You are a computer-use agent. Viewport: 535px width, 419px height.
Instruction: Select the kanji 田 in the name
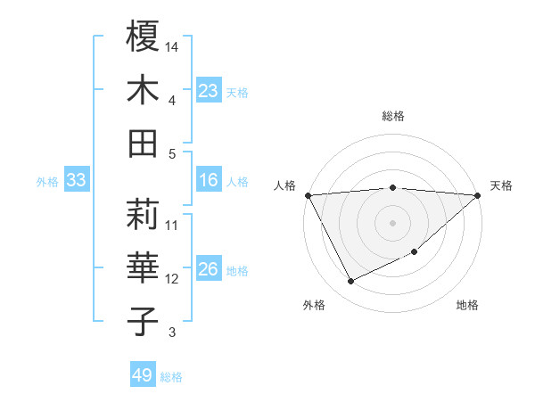click(144, 143)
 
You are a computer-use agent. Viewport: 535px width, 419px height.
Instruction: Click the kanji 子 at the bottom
click(144, 320)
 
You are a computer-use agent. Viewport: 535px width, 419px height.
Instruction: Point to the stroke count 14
click(173, 45)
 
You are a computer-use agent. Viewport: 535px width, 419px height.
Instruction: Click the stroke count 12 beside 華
click(172, 279)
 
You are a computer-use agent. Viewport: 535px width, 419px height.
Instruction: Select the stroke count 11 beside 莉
click(172, 225)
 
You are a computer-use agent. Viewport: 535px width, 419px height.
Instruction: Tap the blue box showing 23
click(209, 91)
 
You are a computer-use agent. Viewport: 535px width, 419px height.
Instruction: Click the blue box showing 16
click(209, 181)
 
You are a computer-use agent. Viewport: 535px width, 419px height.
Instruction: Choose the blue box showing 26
click(209, 270)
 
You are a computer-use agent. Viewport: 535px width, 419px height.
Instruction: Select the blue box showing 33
click(77, 181)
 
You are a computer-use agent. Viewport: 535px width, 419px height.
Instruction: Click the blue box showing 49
click(143, 375)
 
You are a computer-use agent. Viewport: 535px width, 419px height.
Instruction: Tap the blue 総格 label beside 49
click(171, 377)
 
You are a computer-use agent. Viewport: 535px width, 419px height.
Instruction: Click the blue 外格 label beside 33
click(47, 182)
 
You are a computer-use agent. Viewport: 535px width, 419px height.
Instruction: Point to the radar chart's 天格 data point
click(478, 195)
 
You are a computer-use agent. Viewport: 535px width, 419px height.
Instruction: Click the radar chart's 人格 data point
click(308, 195)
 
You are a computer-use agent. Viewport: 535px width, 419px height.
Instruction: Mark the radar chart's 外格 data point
click(351, 282)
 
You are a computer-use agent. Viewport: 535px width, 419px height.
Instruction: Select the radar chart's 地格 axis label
click(467, 306)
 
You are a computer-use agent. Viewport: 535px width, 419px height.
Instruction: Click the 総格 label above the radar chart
click(393, 116)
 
